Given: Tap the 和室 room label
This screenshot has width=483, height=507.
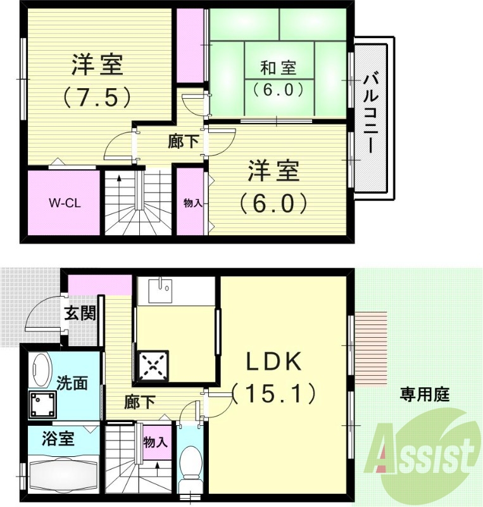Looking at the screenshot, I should (278, 67).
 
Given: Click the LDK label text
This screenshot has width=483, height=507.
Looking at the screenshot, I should (273, 363).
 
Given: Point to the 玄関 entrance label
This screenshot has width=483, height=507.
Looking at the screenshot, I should (80, 314).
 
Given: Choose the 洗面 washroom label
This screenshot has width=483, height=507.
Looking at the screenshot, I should (72, 383).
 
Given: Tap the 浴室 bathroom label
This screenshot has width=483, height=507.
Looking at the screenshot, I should (59, 439).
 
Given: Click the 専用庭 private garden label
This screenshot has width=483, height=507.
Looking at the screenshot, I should (424, 395).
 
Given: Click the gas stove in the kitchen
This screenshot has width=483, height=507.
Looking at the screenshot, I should (151, 366).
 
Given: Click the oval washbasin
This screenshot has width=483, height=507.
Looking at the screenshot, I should (41, 370).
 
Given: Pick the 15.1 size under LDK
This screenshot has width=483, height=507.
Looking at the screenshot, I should (273, 395).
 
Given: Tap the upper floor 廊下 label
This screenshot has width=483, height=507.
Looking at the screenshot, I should (184, 142).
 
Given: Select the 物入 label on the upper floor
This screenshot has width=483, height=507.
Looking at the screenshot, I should (192, 203).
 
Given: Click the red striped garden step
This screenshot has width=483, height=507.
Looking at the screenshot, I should (371, 349).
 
